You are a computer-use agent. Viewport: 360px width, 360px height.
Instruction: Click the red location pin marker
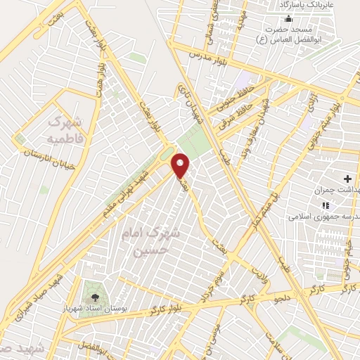181,165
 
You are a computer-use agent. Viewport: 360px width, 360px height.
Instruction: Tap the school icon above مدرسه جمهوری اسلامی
325,205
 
